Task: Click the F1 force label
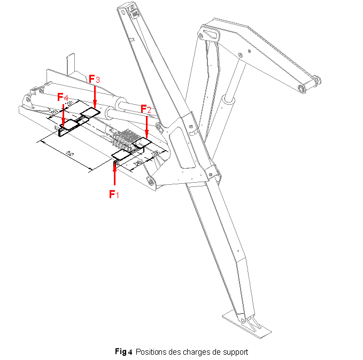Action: coord(113,194)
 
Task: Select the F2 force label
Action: coord(146,109)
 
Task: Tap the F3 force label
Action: coord(95,79)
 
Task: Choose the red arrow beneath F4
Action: coord(64,115)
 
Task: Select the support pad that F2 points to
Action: coord(142,142)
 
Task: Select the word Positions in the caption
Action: coord(151,352)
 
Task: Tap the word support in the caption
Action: coord(235,352)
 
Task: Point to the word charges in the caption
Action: coord(194,352)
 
